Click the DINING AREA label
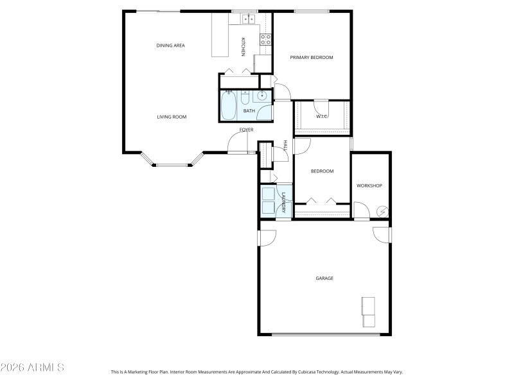[171, 46]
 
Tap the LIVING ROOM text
[172, 117]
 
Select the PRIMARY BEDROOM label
[312, 58]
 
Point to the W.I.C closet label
[322, 116]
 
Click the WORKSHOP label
[369, 186]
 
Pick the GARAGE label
[324, 278]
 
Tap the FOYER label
[246, 130]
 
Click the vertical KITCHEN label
[243, 46]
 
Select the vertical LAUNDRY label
[283, 202]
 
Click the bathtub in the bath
[228, 107]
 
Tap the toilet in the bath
[245, 99]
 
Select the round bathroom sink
[262, 97]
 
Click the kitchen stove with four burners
[265, 40]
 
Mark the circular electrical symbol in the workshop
[382, 211]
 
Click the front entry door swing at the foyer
[236, 143]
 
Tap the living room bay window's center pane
[172, 166]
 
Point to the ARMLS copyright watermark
[32, 368]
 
